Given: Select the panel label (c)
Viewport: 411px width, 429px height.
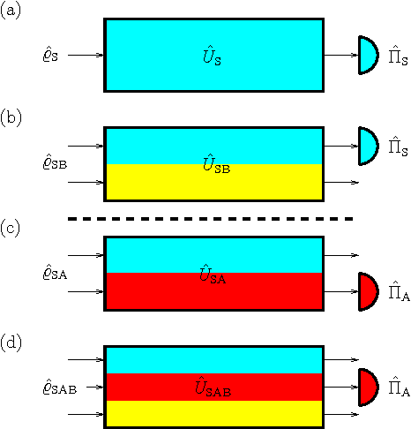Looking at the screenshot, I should pyautogui.click(x=11, y=227).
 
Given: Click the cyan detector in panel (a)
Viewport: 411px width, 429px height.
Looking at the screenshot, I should pyautogui.click(x=369, y=55).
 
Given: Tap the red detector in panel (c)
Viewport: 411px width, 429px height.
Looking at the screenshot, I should pyautogui.click(x=369, y=291).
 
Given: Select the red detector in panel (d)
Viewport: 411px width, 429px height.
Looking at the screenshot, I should pyautogui.click(x=369, y=387).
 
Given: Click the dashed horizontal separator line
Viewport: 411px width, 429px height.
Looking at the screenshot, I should pyautogui.click(x=212, y=218).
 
